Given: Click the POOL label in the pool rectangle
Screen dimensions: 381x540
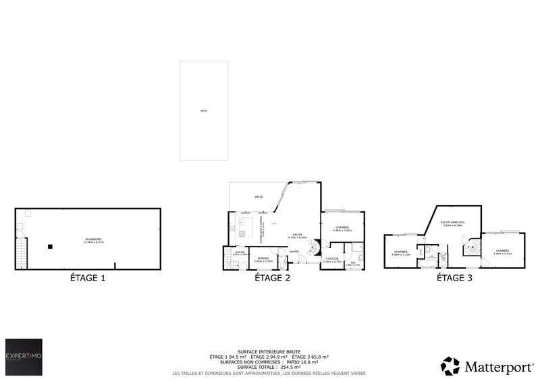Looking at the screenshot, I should (x=205, y=111).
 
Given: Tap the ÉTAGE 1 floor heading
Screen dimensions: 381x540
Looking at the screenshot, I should (x=88, y=278).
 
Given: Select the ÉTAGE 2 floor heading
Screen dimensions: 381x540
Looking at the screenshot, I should (x=273, y=278).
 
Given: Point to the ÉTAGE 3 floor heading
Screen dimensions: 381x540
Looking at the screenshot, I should (x=454, y=278).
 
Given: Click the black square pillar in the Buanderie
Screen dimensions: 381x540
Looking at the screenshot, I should (x=50, y=247).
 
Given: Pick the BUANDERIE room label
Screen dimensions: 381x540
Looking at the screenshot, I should (x=93, y=239).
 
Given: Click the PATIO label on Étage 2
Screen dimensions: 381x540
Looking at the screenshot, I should (x=259, y=197).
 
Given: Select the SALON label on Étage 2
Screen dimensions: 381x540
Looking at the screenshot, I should (x=297, y=235).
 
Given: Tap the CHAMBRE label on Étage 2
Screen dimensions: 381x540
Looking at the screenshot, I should (x=342, y=228).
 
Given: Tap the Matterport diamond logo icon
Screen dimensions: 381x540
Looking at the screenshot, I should (x=450, y=366).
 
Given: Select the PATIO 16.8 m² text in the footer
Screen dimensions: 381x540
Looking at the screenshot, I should (x=314, y=361).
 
